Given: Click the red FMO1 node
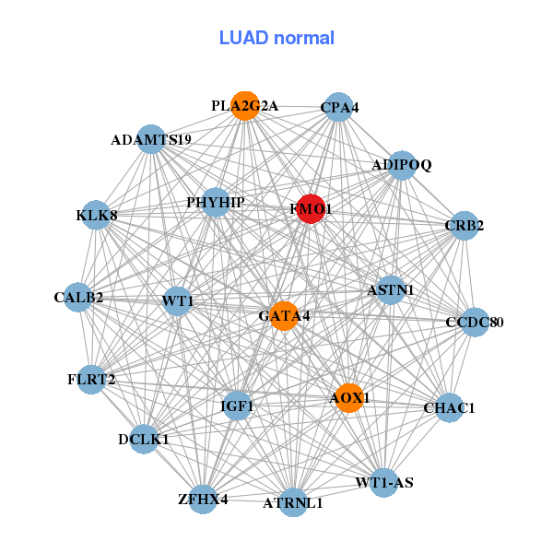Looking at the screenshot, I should (311, 210).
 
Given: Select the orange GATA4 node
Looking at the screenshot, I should (284, 316).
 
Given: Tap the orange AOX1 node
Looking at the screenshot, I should (348, 398).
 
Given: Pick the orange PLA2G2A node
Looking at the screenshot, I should (245, 106).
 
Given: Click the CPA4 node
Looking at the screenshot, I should (339, 108).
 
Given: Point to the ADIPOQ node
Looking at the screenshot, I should (402, 165).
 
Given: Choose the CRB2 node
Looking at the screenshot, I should (465, 225).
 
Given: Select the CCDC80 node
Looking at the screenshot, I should (474, 322).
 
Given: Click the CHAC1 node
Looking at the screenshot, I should (449, 407).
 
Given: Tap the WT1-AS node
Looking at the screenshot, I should (384, 482).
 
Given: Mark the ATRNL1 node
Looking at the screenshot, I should (293, 502).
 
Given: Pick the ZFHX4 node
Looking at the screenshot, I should (203, 499).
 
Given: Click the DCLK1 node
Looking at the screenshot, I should (144, 440).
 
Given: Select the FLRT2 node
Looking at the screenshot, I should (91, 379).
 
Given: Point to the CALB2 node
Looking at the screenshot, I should (78, 298).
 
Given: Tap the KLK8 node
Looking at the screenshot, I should (97, 216).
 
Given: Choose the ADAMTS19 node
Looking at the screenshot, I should (150, 140).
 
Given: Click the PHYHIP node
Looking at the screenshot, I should (215, 202).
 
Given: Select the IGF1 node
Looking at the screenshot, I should (238, 405).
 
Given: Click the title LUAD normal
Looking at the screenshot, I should (276, 38).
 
